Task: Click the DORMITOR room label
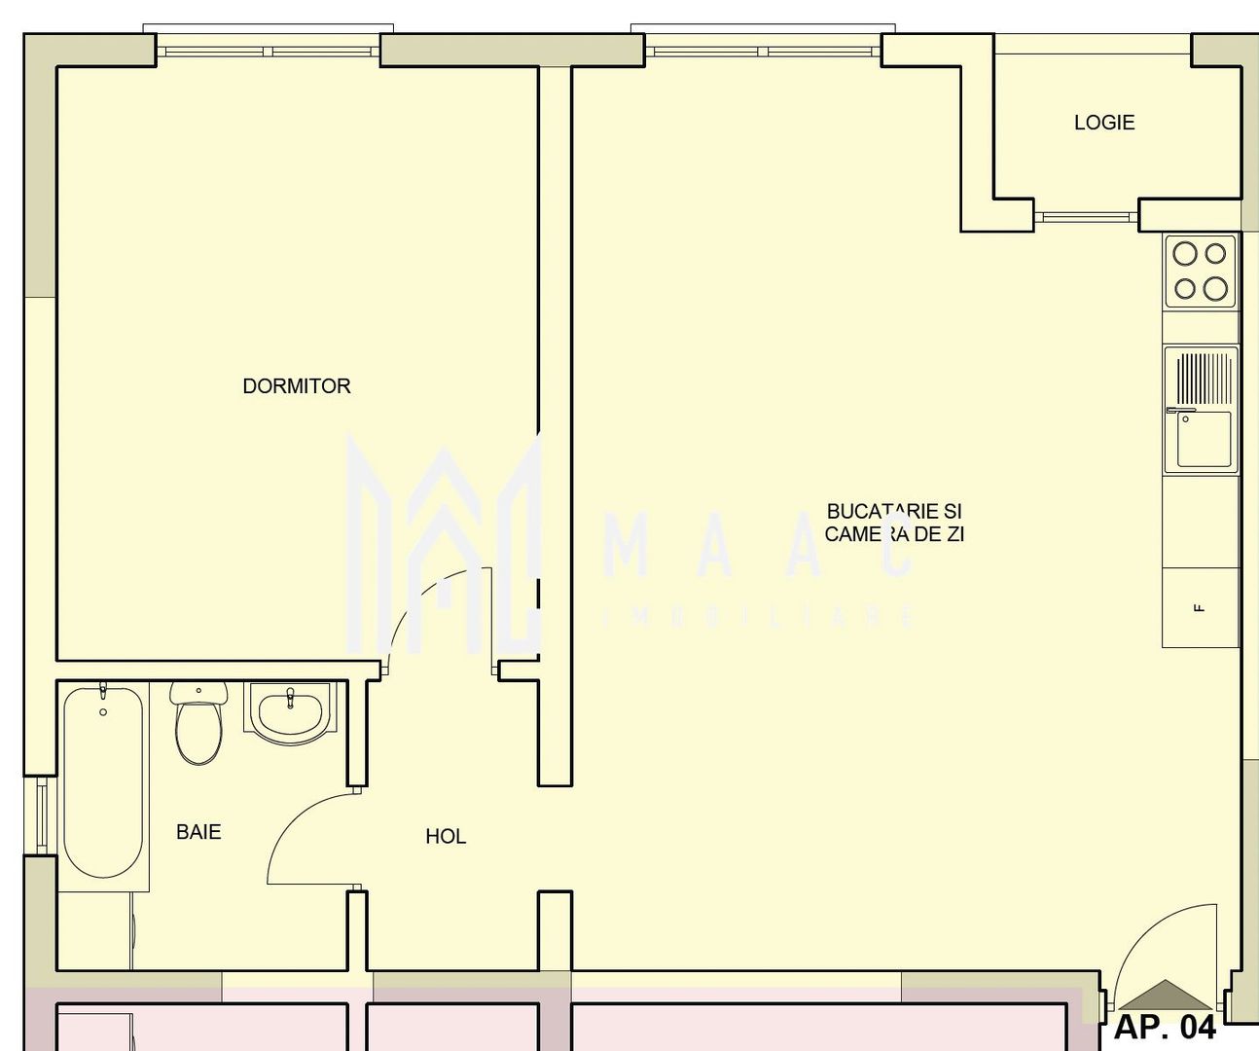pos(296,386)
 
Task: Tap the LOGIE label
pos(1104,123)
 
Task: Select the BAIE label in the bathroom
pos(198,832)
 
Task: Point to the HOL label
pos(446,836)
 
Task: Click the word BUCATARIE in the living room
pos(881,511)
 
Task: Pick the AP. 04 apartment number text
pos(1165,1027)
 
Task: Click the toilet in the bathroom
pos(198,725)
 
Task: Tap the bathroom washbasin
pos(290,710)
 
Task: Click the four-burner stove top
pos(1200,272)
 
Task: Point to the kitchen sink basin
pos(1204,440)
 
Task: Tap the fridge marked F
pos(1200,608)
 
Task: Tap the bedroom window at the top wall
pos(269,50)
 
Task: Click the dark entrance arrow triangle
pos(1165,995)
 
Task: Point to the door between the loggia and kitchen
pos(1086,215)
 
